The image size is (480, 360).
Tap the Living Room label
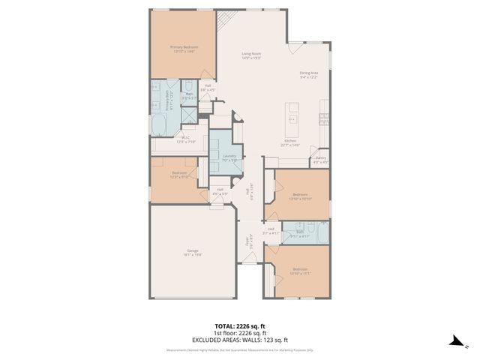250,56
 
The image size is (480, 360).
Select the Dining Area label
309,75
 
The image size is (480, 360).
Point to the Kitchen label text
289,142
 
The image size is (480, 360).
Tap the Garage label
193,253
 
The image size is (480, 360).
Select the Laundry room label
229,157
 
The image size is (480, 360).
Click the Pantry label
320,159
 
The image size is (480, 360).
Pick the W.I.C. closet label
185,139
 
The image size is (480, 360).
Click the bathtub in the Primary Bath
160,124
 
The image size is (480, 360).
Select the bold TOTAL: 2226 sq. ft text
240,326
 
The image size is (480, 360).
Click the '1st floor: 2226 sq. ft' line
240,332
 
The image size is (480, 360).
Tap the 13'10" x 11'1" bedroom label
300,271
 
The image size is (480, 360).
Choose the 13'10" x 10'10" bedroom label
300,196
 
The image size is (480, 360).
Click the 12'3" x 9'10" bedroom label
178,174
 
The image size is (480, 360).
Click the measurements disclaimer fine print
240,349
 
